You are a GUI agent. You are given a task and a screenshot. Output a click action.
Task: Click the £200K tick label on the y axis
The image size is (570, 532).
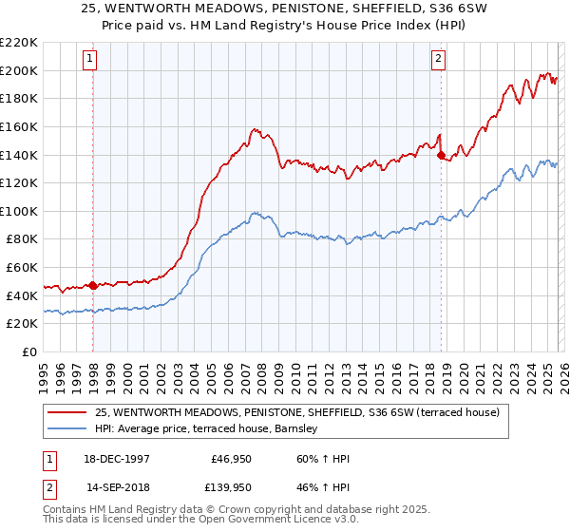(x=19, y=70)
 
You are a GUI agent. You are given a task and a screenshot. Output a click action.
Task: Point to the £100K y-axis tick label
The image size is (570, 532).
(x=19, y=211)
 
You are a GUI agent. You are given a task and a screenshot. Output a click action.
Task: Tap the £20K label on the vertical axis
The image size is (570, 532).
(x=23, y=323)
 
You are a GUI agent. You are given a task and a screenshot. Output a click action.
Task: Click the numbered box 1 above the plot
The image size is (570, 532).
(x=89, y=59)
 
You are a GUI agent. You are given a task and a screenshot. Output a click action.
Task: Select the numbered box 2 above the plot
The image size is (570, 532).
(x=439, y=59)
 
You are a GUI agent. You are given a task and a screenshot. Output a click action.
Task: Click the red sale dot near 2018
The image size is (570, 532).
(x=441, y=156)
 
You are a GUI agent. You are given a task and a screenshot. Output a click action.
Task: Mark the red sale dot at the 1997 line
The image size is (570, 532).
(x=93, y=285)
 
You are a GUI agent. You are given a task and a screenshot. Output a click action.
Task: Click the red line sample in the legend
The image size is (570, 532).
(x=67, y=412)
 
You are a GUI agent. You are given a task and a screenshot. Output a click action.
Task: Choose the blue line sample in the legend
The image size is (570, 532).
(x=67, y=429)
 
